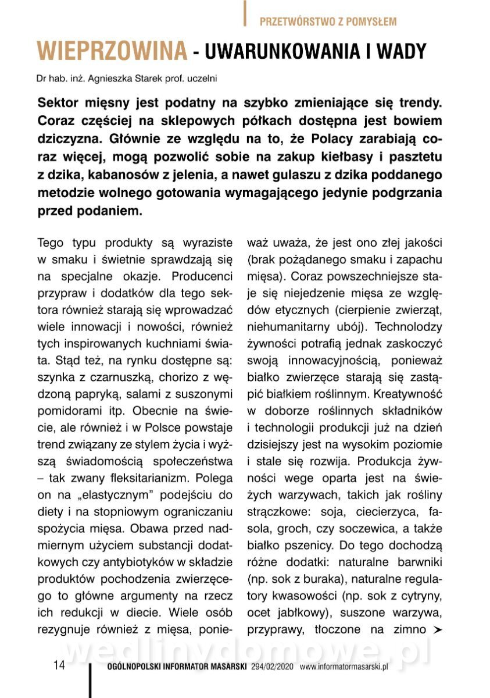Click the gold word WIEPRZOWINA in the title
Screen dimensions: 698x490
[x=112, y=52]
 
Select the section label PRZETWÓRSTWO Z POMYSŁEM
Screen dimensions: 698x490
[x=328, y=22]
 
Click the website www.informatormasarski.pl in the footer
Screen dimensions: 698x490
[x=344, y=667]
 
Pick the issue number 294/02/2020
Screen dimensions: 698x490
[x=274, y=667]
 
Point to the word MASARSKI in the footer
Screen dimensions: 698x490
[x=224, y=667]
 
